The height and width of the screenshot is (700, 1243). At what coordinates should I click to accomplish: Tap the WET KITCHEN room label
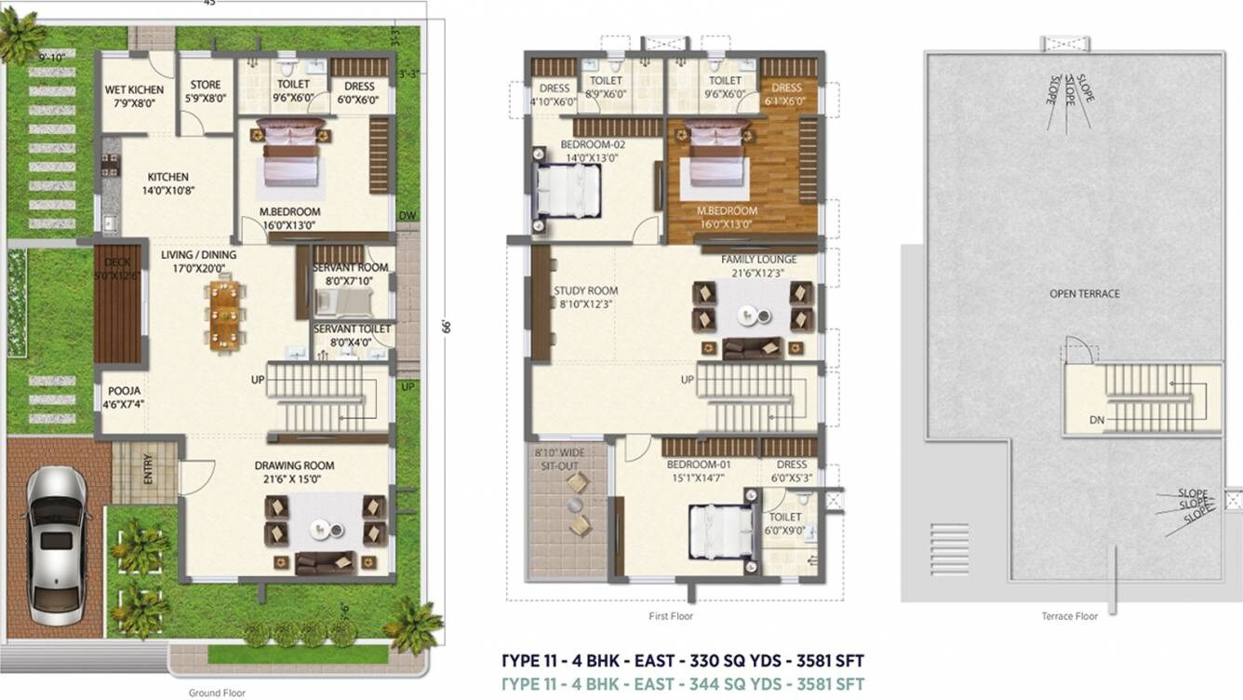(x=134, y=90)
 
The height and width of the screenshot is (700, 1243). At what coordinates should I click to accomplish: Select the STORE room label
(x=206, y=85)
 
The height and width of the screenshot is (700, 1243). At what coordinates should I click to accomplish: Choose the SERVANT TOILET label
(x=352, y=330)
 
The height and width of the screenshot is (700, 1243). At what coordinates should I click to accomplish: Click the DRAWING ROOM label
(x=294, y=465)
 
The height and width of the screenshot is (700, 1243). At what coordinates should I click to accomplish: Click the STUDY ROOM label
(x=585, y=290)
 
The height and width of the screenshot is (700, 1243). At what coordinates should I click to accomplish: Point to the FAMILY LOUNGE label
(x=758, y=259)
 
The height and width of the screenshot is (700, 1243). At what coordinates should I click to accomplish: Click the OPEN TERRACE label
(x=1084, y=294)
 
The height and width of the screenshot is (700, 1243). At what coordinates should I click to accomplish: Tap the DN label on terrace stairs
(x=1097, y=420)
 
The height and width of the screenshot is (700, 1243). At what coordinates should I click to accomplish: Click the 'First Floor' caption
(x=670, y=616)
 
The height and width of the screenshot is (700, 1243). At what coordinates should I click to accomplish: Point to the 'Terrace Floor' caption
(x=1069, y=616)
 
